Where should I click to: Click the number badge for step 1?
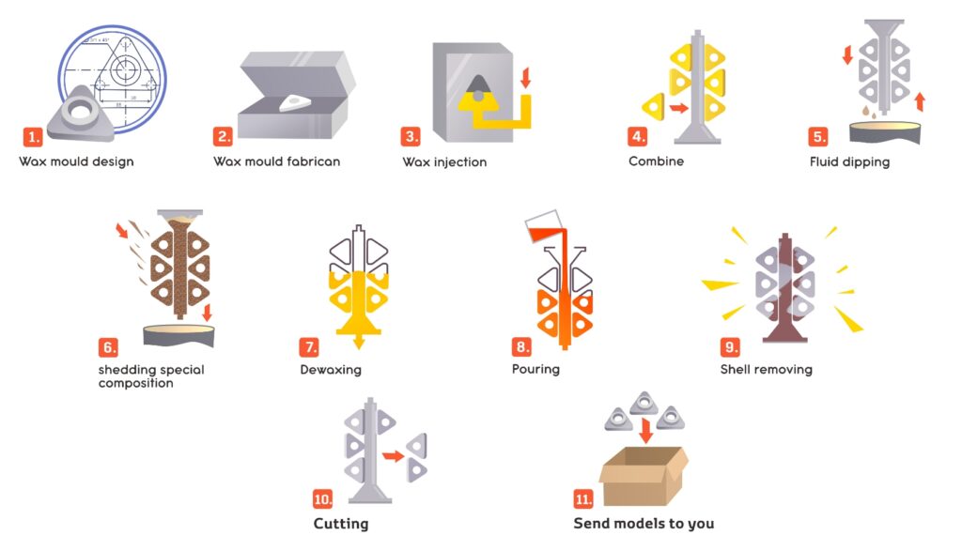click(33, 137)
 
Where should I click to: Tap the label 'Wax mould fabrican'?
click(277, 161)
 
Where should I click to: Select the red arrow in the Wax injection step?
click(525, 78)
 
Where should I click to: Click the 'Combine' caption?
click(656, 161)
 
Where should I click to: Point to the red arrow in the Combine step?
click(678, 109)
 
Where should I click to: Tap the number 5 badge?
click(818, 137)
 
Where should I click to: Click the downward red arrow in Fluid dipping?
click(847, 54)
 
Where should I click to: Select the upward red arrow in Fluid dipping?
click(919, 101)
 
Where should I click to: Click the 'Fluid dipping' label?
click(849, 162)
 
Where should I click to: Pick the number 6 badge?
click(108, 347)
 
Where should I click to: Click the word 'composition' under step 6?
click(135, 384)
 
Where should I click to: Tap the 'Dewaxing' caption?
click(331, 370)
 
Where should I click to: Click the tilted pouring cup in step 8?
click(544, 226)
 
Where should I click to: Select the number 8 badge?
click(521, 347)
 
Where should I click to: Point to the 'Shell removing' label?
click(767, 370)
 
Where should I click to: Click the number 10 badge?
click(323, 498)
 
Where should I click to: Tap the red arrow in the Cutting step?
click(394, 456)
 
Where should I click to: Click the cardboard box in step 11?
click(644, 476)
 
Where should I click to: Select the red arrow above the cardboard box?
click(645, 430)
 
